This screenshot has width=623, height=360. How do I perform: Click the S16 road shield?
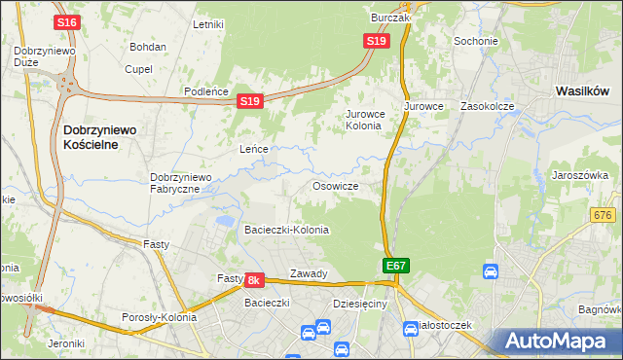(67, 22)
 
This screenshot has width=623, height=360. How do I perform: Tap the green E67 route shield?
(394, 266)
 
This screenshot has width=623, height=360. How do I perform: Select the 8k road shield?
(253, 280)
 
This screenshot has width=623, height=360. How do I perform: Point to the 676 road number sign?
(605, 214)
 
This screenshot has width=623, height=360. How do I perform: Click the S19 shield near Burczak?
(377, 41)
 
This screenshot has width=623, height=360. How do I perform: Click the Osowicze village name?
(336, 186)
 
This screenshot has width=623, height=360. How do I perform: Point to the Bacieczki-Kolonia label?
(286, 231)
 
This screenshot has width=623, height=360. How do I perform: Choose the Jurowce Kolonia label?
(365, 120)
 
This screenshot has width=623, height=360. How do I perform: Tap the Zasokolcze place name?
(487, 105)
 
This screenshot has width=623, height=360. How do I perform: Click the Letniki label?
(209, 24)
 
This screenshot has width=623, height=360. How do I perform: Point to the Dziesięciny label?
(359, 304)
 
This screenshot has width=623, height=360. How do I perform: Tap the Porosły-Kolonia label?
(159, 317)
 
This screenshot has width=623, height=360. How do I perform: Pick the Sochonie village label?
(476, 42)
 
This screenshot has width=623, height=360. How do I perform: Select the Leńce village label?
(254, 150)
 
